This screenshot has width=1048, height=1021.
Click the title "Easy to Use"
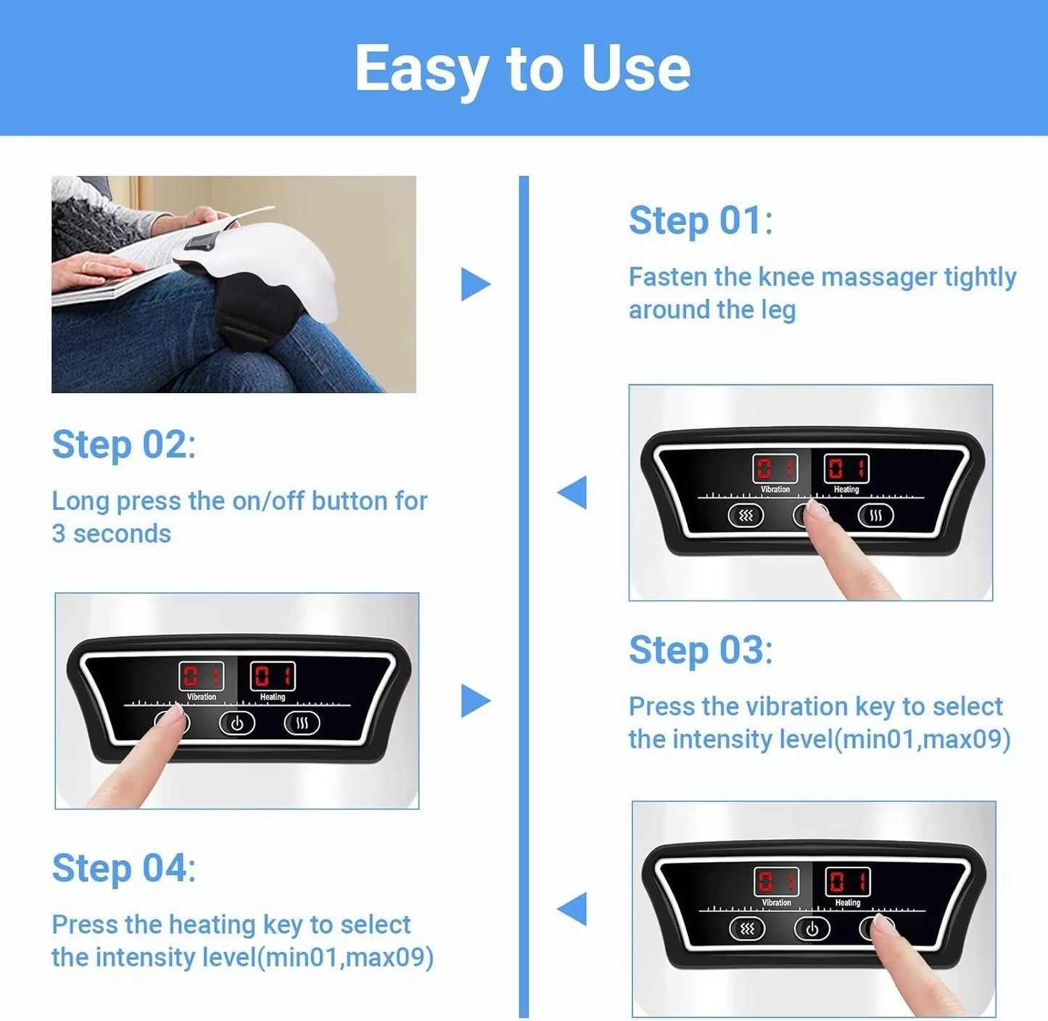[x=522, y=68]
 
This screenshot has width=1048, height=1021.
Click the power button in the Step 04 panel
[x=812, y=929]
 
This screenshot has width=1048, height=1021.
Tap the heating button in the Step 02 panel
[x=875, y=516]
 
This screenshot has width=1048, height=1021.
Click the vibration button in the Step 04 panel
[x=747, y=929]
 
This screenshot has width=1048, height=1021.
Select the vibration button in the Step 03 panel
[x=172, y=722]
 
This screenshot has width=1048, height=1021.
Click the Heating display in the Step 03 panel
[x=273, y=677]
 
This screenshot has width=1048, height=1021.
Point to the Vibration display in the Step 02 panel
[x=775, y=468]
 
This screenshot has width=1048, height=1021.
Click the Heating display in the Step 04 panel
[x=848, y=882]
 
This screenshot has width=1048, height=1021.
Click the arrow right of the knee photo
[x=475, y=284]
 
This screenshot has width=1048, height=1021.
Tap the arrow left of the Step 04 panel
[x=572, y=909]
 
